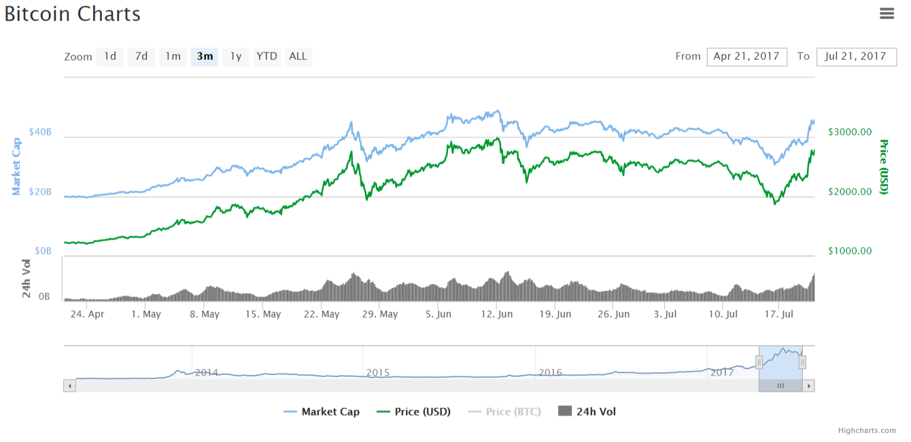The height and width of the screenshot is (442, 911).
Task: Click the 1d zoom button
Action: tap(110, 56)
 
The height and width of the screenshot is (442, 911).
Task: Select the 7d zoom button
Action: tap(141, 56)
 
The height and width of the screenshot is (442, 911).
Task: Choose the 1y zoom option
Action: tap(235, 56)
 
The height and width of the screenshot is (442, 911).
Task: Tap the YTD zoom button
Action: tap(267, 56)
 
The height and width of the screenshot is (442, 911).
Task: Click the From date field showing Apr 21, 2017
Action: tap(746, 56)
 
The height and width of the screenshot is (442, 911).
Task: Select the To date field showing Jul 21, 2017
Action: tap(856, 56)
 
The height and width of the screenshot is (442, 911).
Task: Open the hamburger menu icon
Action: tap(887, 13)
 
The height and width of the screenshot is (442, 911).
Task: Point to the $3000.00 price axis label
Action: tap(850, 132)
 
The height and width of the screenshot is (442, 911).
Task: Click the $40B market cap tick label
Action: tap(40, 132)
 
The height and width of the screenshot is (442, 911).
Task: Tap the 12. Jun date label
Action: tap(496, 314)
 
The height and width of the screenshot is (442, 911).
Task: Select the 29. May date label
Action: tap(379, 314)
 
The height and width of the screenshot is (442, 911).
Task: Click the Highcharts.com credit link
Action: tap(867, 430)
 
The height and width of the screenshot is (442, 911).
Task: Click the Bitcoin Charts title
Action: tap(73, 14)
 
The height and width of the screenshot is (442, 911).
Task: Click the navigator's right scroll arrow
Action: tap(808, 386)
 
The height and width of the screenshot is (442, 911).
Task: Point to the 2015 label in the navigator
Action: tap(378, 373)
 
